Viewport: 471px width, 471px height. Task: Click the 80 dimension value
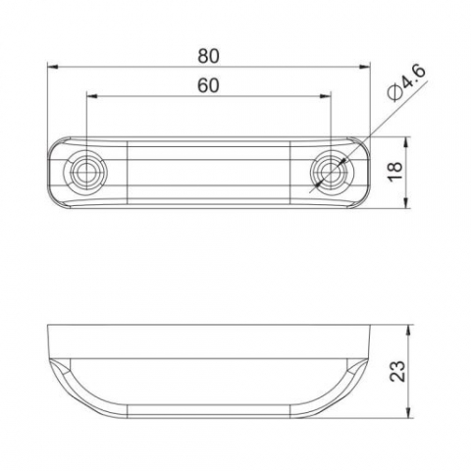[208, 56]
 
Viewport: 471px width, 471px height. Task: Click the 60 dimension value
[208, 85]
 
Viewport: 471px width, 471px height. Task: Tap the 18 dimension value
[394, 171]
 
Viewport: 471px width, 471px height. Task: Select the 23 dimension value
[397, 371]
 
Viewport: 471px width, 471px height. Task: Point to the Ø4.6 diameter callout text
[406, 82]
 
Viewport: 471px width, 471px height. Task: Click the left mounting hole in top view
[86, 172]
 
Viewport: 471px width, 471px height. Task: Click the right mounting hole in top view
[331, 172]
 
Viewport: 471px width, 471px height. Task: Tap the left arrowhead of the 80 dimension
[53, 67]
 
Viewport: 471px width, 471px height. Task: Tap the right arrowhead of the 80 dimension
[365, 67]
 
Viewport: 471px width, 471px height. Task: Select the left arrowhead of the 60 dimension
[92, 96]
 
